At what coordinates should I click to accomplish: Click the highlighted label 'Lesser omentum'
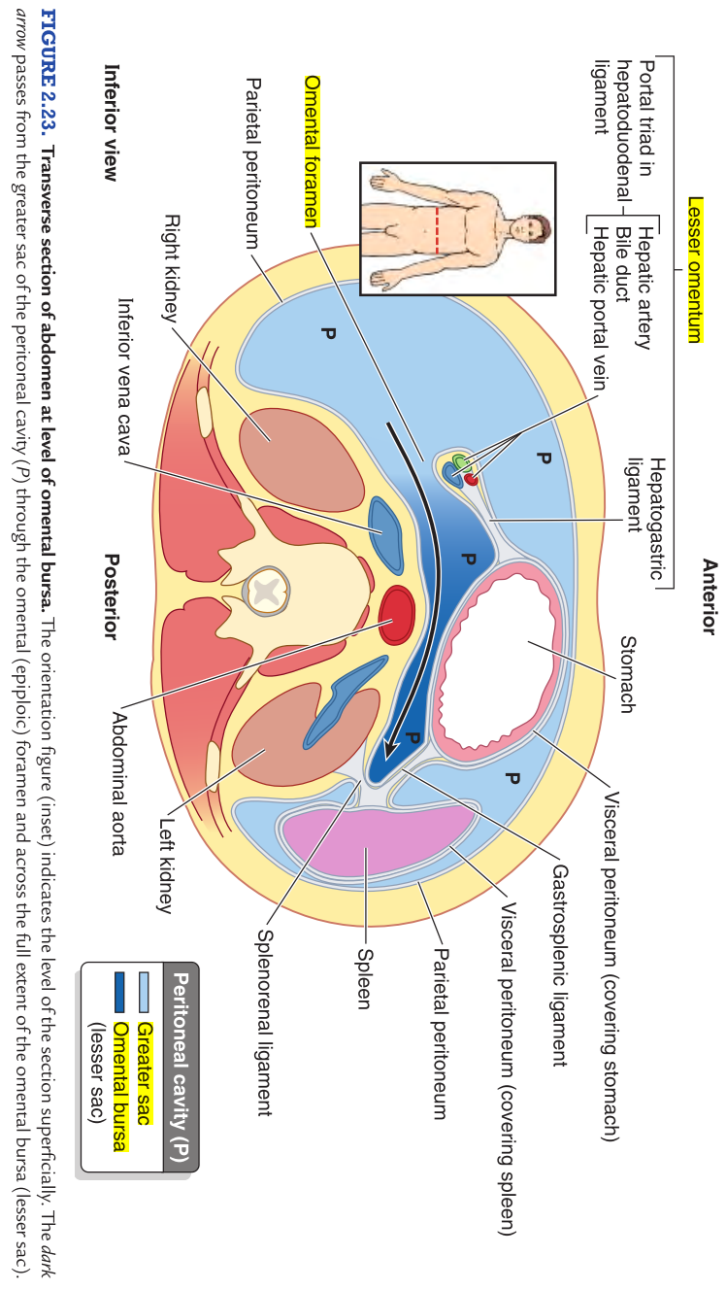[695, 271]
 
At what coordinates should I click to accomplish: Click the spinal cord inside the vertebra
[263, 589]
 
